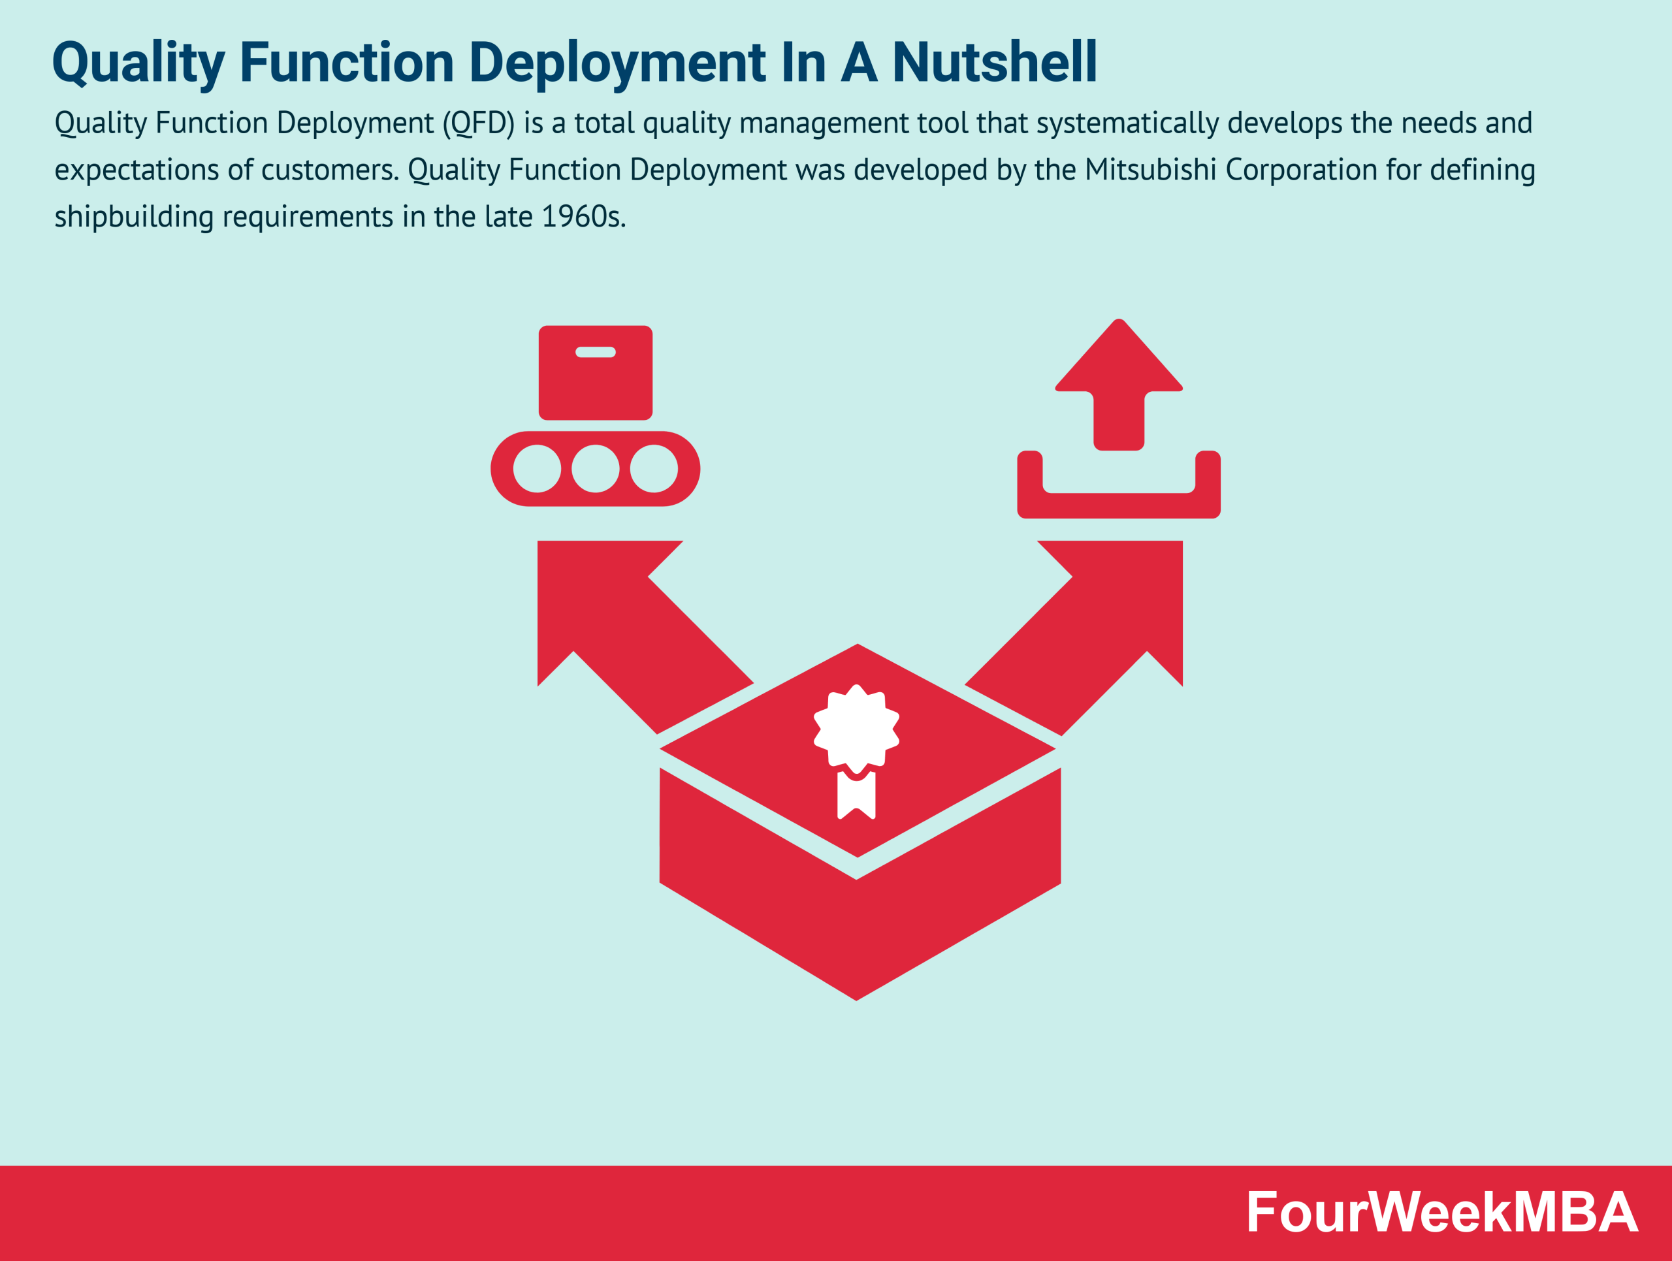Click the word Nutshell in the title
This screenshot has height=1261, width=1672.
coord(994,62)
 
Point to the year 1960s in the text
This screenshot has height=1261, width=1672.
coord(583,217)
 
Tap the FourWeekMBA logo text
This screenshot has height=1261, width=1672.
coord(1441,1213)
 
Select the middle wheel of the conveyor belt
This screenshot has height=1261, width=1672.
coord(595,468)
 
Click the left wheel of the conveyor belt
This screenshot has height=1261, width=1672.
coord(537,468)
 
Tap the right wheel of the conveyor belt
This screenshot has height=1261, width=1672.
coord(653,468)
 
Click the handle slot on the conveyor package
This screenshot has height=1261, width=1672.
coord(595,352)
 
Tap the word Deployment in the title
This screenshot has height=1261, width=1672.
coord(617,63)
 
